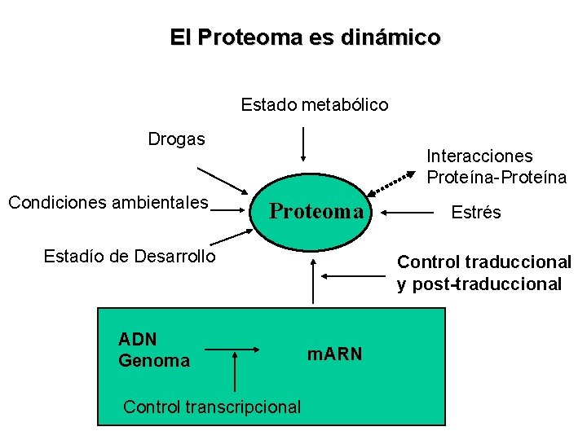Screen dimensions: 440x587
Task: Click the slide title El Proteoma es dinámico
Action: click(x=305, y=37)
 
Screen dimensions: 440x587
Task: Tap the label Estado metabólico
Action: click(x=315, y=105)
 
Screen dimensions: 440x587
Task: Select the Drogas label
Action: click(x=176, y=139)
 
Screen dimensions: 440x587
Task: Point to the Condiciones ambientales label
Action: click(x=108, y=202)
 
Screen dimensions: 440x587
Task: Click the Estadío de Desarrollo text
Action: click(x=130, y=257)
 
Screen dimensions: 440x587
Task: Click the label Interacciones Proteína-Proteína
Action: click(x=496, y=166)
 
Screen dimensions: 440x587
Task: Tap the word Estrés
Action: click(x=476, y=213)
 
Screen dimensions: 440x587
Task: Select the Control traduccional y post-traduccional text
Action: click(x=483, y=273)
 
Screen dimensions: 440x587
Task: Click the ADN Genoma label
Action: click(x=153, y=350)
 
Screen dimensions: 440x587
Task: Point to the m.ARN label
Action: click(x=334, y=354)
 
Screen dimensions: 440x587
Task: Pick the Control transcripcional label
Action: click(x=212, y=407)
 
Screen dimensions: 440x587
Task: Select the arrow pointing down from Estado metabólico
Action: click(x=303, y=144)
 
